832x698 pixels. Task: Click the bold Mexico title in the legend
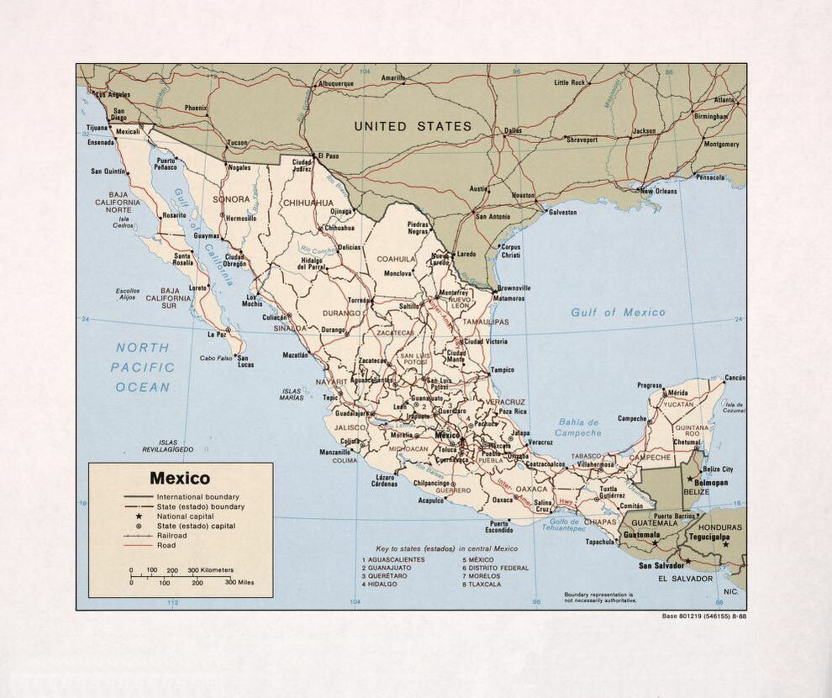[180, 479]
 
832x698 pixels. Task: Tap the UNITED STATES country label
[413, 126]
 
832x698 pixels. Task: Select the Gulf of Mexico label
[618, 312]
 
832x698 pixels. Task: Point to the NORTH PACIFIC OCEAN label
[143, 368]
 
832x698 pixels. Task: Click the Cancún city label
[735, 378]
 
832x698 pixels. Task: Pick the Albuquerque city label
[335, 84]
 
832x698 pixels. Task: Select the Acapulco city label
[431, 500]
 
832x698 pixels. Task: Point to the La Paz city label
[218, 334]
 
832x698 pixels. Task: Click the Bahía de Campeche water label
[578, 427]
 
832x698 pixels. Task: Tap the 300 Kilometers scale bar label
[210, 570]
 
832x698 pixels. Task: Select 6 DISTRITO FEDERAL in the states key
[495, 568]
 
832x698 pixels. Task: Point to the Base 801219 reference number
[703, 616]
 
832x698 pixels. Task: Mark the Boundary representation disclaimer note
[599, 597]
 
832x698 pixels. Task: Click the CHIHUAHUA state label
[308, 203]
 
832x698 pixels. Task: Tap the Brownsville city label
[513, 288]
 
